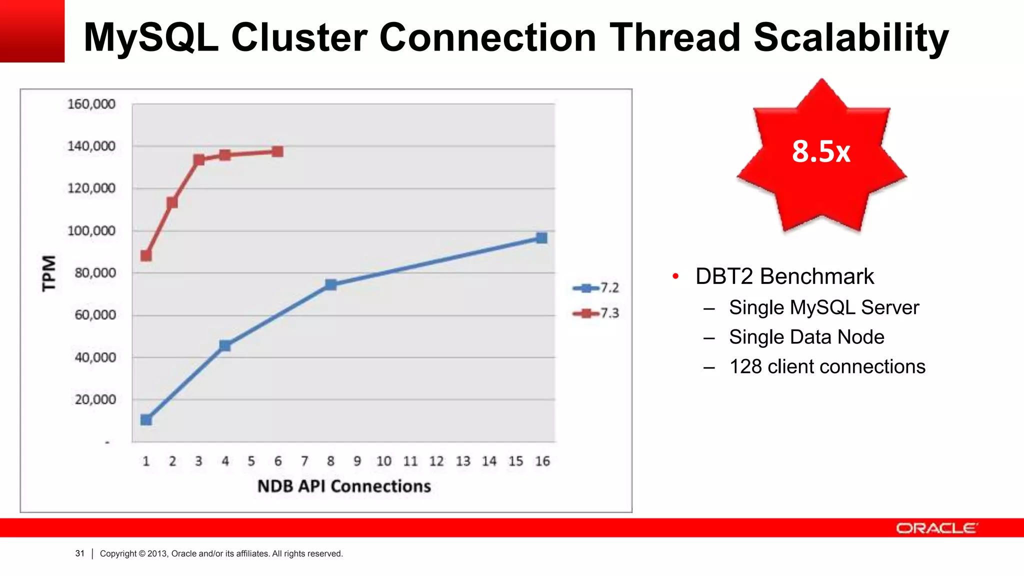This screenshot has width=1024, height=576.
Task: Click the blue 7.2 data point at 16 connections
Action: coord(541,238)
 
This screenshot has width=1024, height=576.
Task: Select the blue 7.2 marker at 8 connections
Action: coord(330,284)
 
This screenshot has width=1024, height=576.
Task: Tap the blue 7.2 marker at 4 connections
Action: coord(225,345)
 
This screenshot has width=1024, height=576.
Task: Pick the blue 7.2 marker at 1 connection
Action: coord(146,419)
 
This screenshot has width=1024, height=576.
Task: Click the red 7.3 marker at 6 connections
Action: coord(277,151)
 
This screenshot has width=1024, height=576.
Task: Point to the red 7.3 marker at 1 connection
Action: coord(146,255)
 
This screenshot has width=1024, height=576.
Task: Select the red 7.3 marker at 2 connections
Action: coord(172,202)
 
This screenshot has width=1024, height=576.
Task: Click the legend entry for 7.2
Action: coord(596,288)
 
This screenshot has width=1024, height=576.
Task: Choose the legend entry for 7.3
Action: coord(596,313)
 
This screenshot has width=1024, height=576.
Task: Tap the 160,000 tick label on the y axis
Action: coord(91,104)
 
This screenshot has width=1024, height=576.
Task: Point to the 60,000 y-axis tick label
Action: coord(95,315)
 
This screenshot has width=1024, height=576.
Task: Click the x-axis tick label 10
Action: coord(384,461)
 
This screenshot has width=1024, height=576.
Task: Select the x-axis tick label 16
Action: coord(542,461)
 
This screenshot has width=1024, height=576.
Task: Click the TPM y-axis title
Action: coord(49,273)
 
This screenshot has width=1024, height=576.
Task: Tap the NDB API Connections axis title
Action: coord(344,486)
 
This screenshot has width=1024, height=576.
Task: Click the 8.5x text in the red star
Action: coord(821,151)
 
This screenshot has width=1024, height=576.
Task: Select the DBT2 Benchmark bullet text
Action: coord(784,276)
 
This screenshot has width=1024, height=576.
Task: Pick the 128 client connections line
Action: coord(827,366)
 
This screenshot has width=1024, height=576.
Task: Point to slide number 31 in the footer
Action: coord(80,553)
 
